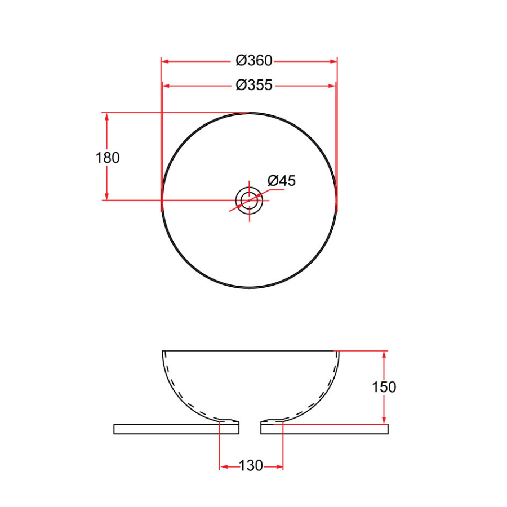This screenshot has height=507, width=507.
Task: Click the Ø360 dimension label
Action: pos(254,60)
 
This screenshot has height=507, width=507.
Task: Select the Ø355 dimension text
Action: pos(254,85)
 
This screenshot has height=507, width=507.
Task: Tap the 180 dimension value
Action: pos(108,158)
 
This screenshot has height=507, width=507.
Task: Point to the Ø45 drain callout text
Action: pos(281,181)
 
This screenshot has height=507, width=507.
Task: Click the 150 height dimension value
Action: pos(384,387)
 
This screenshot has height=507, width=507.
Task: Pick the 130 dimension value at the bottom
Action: pos(251,466)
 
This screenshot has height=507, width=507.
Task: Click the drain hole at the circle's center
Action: pos(248,200)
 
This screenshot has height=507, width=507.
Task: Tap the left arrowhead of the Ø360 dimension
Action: pos(165,60)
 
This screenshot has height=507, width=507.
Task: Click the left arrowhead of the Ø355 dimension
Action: pos(167,86)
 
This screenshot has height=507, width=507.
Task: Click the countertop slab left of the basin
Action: pos(169,429)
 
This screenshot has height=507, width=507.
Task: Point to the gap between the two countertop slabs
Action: pos(250,429)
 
